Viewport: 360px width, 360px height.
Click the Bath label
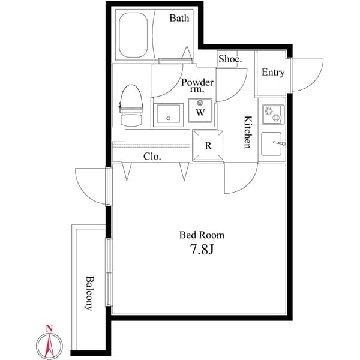point(179,18)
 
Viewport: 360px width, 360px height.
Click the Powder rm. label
point(197,85)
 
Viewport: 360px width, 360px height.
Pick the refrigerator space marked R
point(208,145)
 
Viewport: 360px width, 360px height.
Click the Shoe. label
point(230,59)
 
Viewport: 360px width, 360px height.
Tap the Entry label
point(273,73)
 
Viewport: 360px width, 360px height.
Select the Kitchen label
point(247,132)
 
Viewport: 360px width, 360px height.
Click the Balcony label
point(89,293)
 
